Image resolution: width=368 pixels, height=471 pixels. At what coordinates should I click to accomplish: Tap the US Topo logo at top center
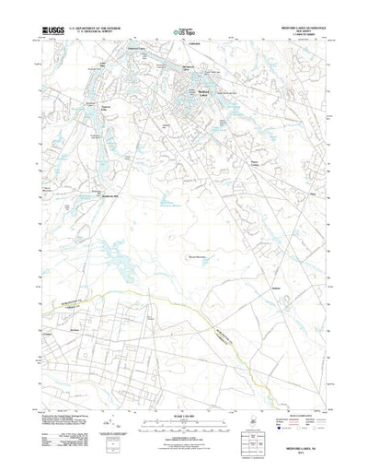(x=184, y=31)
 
